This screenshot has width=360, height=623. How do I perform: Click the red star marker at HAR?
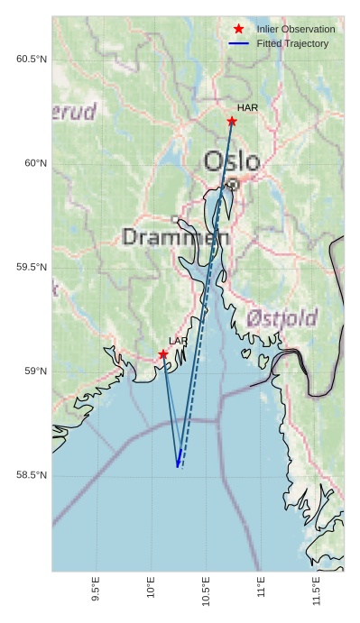point(232,121)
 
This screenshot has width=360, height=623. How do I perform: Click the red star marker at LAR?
point(163,354)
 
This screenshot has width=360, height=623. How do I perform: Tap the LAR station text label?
point(178,341)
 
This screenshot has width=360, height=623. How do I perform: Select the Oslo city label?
point(232,162)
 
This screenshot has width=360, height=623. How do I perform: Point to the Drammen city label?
point(176,238)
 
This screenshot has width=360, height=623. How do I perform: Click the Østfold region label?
point(282,318)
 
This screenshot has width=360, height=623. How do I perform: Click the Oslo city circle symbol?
point(233,184)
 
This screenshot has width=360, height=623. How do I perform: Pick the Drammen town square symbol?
point(175,219)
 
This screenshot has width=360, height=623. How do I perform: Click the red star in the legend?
point(238,29)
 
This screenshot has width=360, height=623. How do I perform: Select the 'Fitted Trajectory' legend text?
point(292,43)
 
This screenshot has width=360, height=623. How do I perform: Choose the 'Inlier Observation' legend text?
point(295,29)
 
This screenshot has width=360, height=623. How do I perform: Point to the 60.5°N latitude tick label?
point(31,60)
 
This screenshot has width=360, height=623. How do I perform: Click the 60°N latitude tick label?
point(34,163)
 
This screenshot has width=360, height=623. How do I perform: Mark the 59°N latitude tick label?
point(34,371)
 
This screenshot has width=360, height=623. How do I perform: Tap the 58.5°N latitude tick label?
point(31,475)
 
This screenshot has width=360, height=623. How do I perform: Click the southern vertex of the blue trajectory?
point(178,467)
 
